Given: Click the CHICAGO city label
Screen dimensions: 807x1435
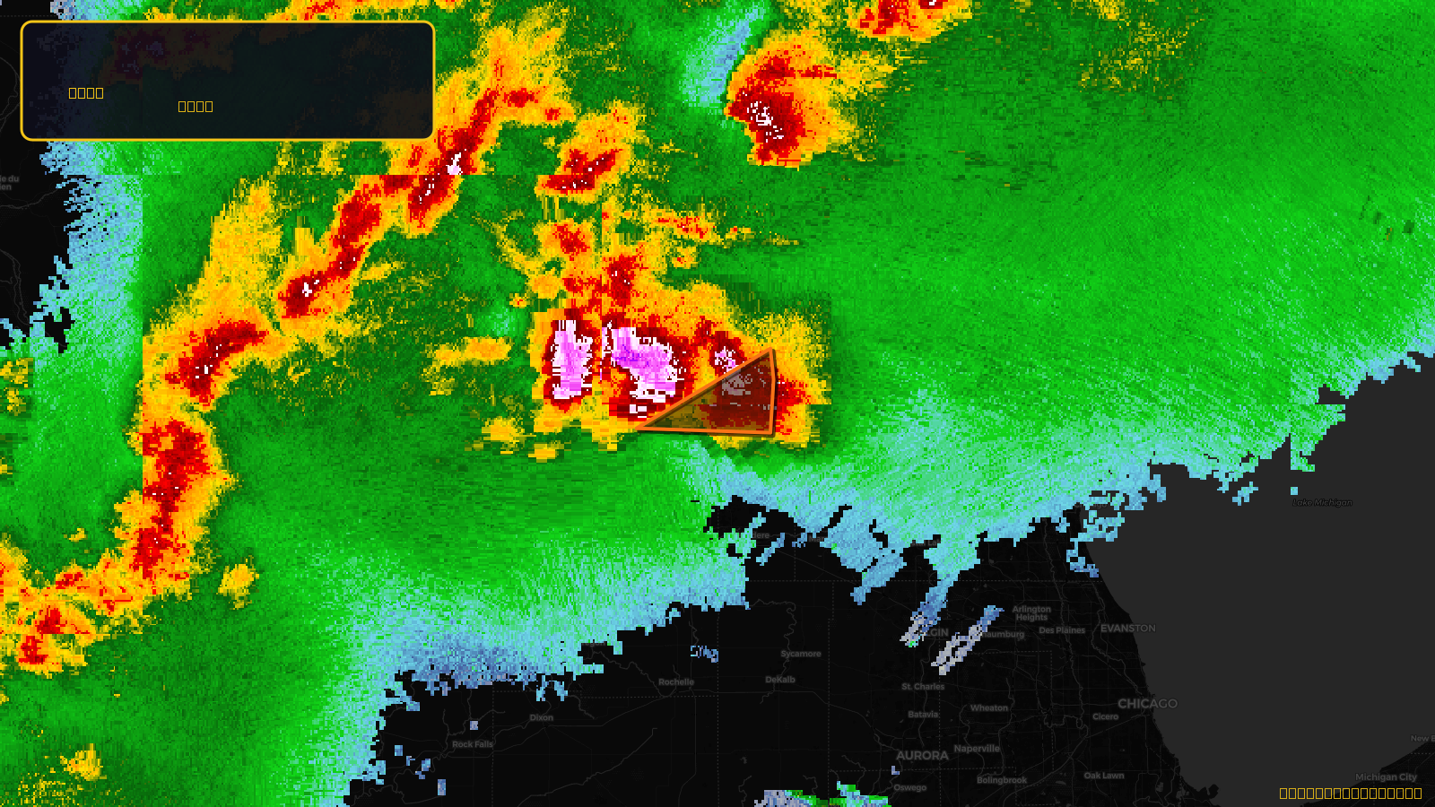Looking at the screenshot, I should pyautogui.click(x=1147, y=704).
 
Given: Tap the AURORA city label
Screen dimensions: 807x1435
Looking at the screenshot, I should pyautogui.click(x=922, y=756).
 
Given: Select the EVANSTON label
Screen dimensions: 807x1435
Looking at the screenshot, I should pyautogui.click(x=1127, y=629).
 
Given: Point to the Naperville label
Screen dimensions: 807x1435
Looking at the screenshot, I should pyautogui.click(x=977, y=749).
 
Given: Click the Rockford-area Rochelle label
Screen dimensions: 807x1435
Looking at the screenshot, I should pyautogui.click(x=676, y=682).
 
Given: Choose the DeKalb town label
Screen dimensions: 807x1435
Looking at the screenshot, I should pyautogui.click(x=780, y=680).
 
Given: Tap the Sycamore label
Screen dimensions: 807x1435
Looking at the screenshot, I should pyautogui.click(x=800, y=654).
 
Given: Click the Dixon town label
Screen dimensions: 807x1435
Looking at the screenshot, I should pyautogui.click(x=542, y=717).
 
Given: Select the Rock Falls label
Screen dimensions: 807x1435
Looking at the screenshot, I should pyautogui.click(x=473, y=744).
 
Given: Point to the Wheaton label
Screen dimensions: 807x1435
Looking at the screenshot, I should pyautogui.click(x=989, y=708).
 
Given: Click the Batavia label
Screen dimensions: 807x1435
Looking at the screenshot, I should pyautogui.click(x=923, y=715).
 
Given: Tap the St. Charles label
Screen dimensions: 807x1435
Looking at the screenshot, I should pyautogui.click(x=923, y=687).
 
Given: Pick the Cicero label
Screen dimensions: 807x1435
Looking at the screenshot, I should pyautogui.click(x=1105, y=716).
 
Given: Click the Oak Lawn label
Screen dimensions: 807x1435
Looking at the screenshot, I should pyautogui.click(x=1103, y=776).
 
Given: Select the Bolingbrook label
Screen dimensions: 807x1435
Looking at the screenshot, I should pyautogui.click(x=1002, y=780).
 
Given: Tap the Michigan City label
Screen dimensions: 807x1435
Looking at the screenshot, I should pyautogui.click(x=1386, y=777).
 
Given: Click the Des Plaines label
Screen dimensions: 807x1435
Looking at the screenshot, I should pyautogui.click(x=1062, y=630).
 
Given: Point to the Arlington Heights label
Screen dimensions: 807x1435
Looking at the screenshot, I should pyautogui.click(x=1031, y=613).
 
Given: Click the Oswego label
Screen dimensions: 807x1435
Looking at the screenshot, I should pyautogui.click(x=909, y=788).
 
